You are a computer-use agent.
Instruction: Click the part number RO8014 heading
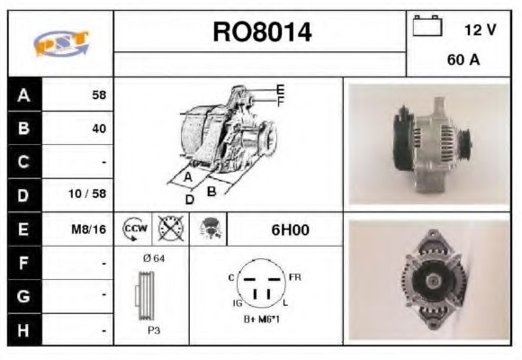click(262, 33)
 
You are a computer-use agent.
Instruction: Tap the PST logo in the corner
click(61, 42)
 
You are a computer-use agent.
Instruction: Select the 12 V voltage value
click(480, 30)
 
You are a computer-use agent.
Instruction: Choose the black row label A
click(23, 94)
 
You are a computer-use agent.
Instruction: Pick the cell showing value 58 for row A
click(97, 94)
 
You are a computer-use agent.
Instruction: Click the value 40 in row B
click(97, 128)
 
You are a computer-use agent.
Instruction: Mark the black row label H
click(23, 329)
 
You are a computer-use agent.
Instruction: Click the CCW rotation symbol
click(134, 229)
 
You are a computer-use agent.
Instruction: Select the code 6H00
click(290, 229)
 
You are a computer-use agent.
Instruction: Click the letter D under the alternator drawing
click(189, 199)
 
